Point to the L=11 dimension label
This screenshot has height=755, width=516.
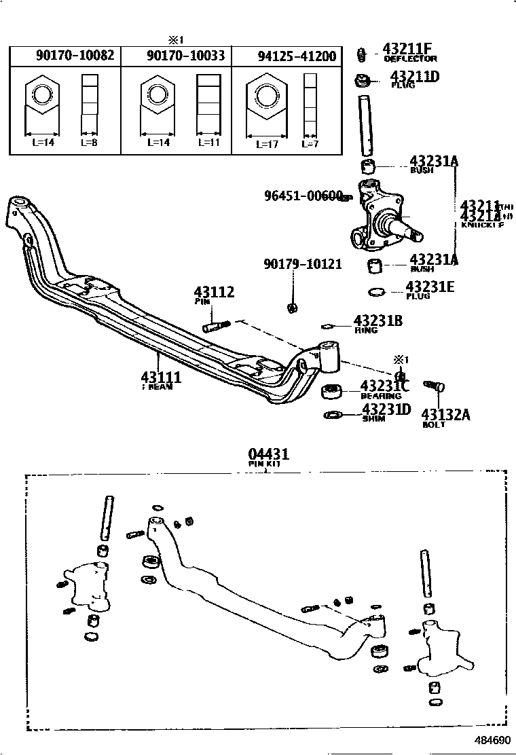208,143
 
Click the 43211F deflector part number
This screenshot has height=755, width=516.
407,49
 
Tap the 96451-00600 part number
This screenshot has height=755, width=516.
303,196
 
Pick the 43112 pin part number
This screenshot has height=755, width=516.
214,293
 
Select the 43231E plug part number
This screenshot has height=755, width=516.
430,287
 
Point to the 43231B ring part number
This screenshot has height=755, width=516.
377,321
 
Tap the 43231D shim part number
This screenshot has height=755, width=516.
386,409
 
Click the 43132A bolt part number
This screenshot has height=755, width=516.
445,414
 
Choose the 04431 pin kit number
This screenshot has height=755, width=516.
268,454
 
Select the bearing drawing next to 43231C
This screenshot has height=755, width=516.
331,392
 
